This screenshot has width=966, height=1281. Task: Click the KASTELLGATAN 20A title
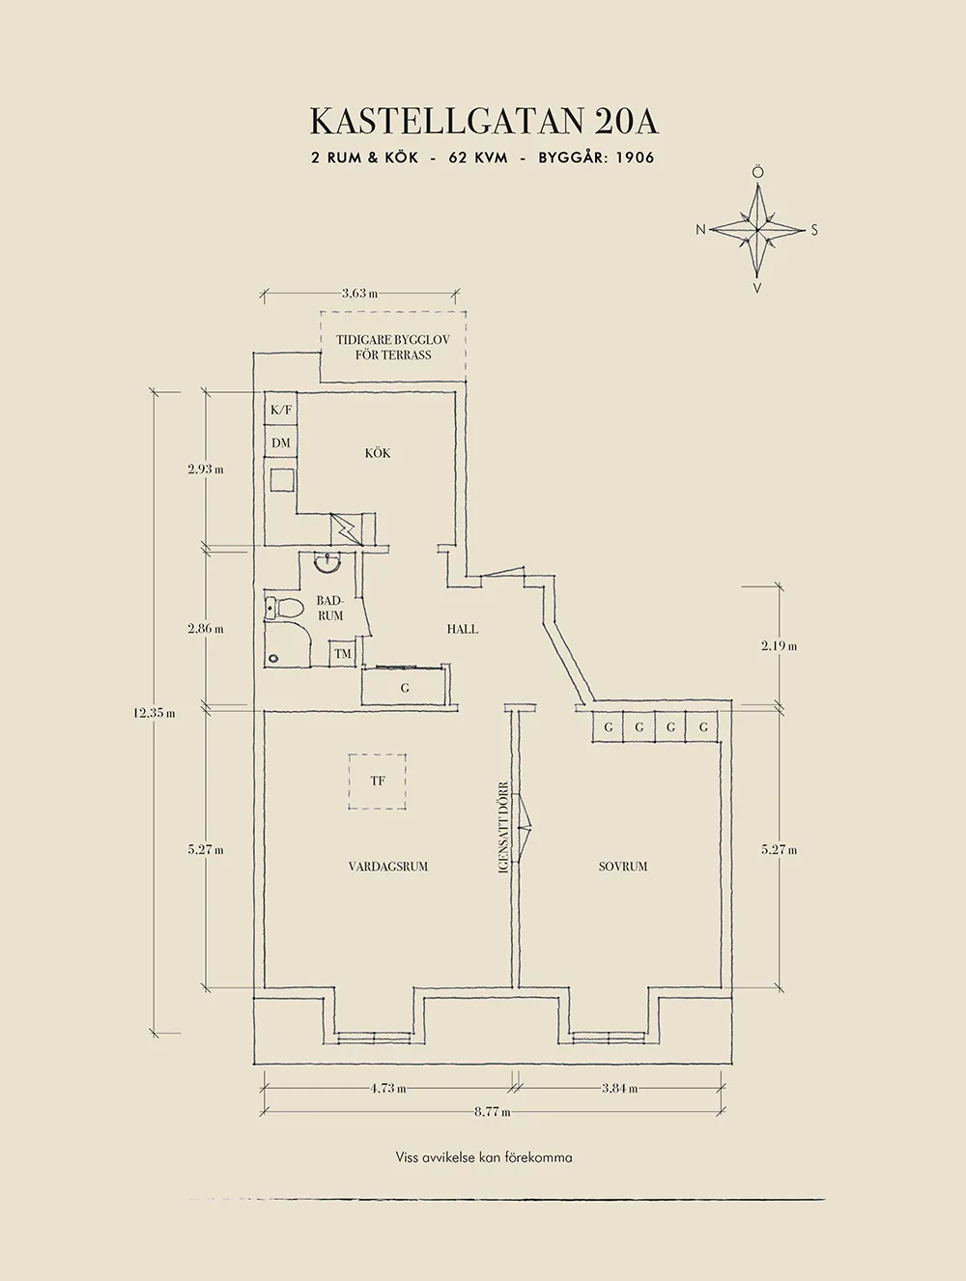coord(483,123)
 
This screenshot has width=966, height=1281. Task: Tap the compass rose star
coord(758,230)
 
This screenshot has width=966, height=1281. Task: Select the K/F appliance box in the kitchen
coord(281,410)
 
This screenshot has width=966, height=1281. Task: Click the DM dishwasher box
coord(281,443)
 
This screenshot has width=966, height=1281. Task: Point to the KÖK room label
coord(378,453)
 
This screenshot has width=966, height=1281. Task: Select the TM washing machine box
coord(343,654)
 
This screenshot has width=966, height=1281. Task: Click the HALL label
coord(463,629)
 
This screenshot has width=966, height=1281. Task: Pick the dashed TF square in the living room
coord(377,781)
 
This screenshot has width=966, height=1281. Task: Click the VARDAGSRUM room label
coord(388,867)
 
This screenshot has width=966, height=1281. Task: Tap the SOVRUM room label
coord(623,867)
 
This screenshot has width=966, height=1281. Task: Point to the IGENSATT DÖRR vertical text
coord(503,828)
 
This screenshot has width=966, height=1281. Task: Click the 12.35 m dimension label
coord(155,714)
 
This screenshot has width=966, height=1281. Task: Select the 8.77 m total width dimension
coord(492,1112)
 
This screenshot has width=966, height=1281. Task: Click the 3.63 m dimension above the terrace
coord(359,294)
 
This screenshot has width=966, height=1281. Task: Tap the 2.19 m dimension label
coord(779,646)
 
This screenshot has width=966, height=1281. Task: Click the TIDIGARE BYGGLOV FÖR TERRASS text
coord(392,348)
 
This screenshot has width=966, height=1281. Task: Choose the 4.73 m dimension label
coord(387,1089)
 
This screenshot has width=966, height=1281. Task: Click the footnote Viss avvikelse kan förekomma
coord(483,1156)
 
